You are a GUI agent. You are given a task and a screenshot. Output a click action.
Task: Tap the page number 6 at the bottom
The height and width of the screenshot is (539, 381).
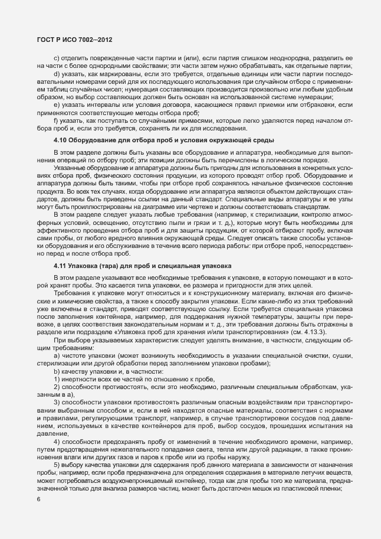[x=38, y=499]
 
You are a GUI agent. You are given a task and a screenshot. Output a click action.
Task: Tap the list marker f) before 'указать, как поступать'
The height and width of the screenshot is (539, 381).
[x=55, y=120]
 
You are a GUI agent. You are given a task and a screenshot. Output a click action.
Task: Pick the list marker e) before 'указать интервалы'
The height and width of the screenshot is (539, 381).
[x=56, y=104]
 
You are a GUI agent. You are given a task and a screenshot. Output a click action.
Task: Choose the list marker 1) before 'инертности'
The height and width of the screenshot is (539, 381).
[x=56, y=378]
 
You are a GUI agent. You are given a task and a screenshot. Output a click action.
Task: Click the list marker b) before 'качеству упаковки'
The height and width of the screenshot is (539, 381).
[x=56, y=371]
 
